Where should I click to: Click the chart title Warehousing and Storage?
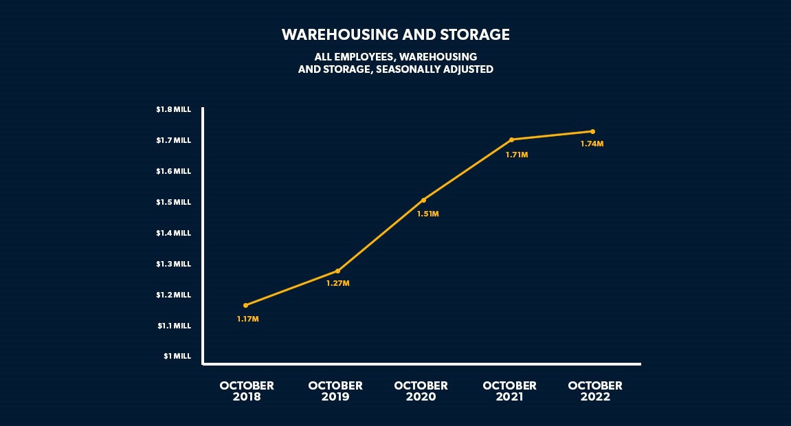coord(395,34)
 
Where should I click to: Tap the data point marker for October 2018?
coord(246,305)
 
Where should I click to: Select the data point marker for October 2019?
coord(337,271)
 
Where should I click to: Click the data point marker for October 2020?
coord(423,200)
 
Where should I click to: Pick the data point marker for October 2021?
coord(512,139)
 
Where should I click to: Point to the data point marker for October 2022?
coord(592,131)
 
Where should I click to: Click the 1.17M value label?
coord(247,319)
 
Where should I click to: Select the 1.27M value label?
coord(337,284)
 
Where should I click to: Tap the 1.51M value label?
coord(427,214)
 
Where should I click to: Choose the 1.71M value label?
coord(517,155)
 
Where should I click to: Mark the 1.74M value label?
coord(592,144)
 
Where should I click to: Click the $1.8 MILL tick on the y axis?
coord(173,109)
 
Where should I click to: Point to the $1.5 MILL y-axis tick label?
coord(173,202)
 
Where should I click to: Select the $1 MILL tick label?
coord(177,356)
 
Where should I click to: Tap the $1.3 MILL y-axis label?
coord(173,264)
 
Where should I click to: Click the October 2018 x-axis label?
coord(247,391)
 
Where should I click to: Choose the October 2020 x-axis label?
coord(421,391)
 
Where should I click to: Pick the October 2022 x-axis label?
coord(595,391)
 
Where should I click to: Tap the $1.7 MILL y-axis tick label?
coord(173,140)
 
